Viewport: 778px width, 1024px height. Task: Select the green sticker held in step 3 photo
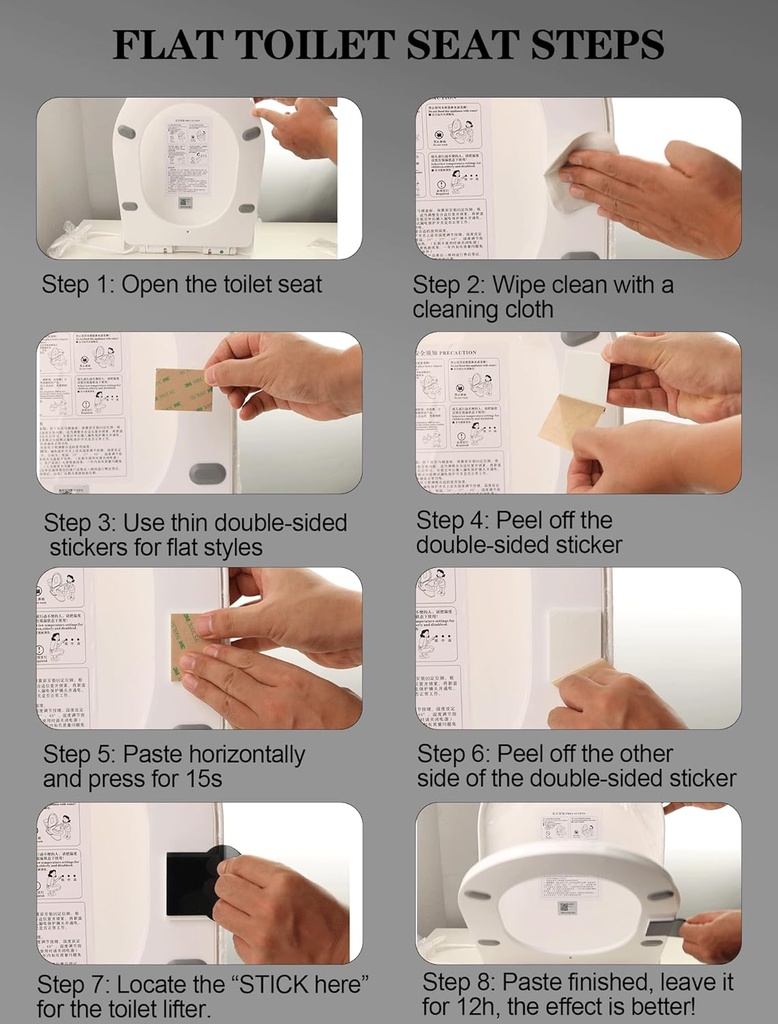click(x=182, y=389)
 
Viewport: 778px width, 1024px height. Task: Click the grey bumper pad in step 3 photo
click(x=207, y=473)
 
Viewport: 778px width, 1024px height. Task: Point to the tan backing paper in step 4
click(x=570, y=421)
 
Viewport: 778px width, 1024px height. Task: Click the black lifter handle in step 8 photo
click(x=664, y=927)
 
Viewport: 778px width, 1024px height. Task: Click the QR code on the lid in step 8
click(x=567, y=908)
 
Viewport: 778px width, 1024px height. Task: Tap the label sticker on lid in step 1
click(x=188, y=158)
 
